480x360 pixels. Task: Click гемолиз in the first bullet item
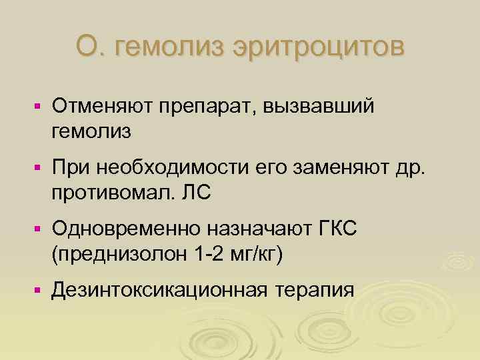[x=90, y=131]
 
